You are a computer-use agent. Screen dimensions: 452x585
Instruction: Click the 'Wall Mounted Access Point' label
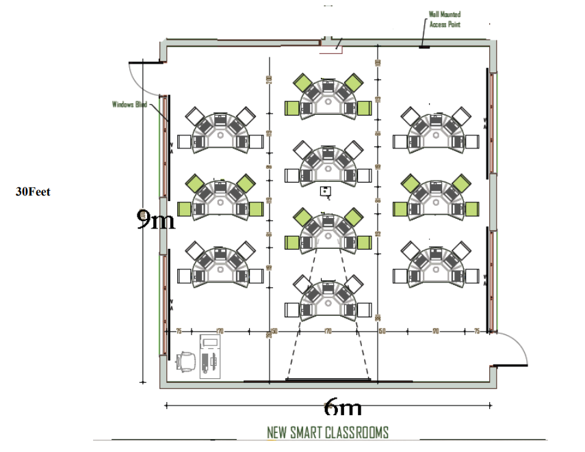[x=444, y=19]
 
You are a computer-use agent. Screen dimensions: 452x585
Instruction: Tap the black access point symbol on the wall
[x=424, y=47]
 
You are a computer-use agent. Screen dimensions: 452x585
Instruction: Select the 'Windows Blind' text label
[x=130, y=105]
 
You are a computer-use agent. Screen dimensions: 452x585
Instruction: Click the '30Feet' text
[x=33, y=192]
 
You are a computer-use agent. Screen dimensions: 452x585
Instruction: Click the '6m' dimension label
[x=342, y=408]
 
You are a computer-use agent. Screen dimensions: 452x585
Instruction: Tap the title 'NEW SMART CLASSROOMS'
[x=328, y=432]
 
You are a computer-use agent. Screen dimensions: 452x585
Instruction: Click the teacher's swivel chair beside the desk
[x=185, y=360]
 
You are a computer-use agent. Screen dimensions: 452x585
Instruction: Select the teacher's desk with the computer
[x=211, y=356]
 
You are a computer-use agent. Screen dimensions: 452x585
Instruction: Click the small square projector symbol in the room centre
[x=326, y=191]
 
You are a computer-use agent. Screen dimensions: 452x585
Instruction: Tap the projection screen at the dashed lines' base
[x=328, y=379]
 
